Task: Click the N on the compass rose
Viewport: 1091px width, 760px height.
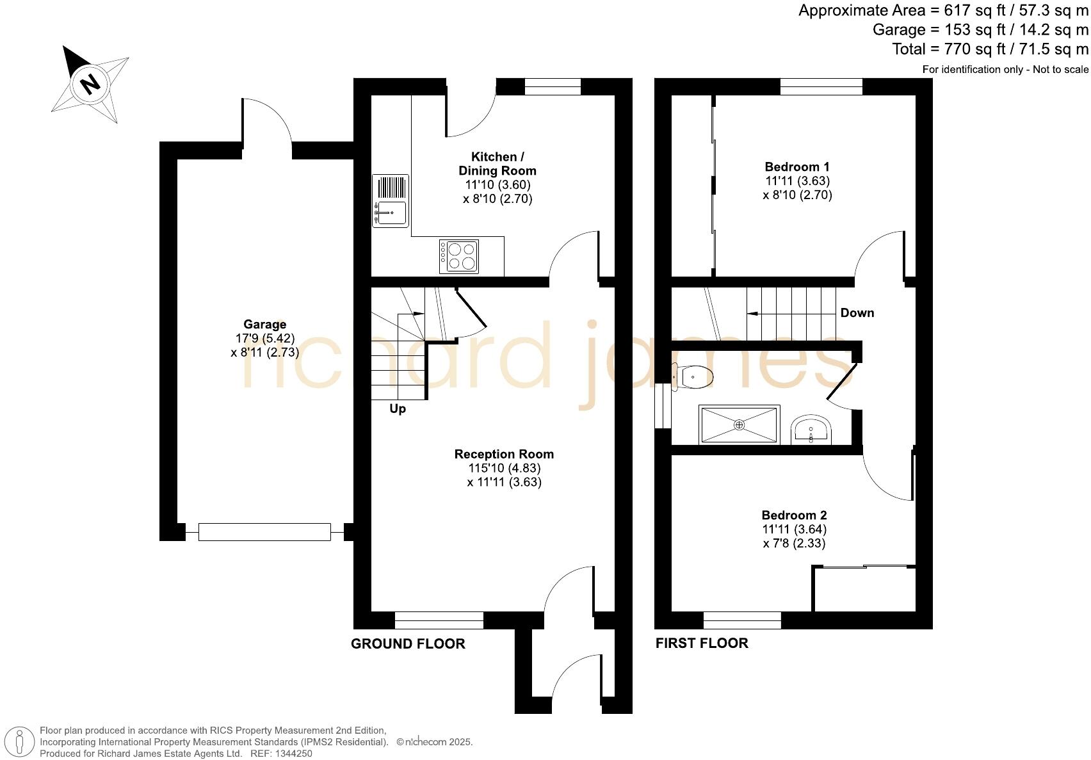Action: click(x=90, y=83)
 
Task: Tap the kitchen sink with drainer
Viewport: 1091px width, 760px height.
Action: click(x=390, y=201)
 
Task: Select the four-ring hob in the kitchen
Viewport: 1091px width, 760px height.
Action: click(x=459, y=255)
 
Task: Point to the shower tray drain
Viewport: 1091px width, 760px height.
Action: click(x=739, y=424)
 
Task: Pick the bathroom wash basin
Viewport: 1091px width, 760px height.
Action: click(x=811, y=429)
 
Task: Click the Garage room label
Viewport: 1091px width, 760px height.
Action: click(x=264, y=325)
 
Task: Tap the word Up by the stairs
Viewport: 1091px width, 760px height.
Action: click(x=398, y=409)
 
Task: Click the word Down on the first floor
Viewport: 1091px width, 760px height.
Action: click(x=857, y=313)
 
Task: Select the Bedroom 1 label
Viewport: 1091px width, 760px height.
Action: click(x=797, y=167)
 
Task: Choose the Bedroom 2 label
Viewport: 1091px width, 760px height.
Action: click(x=794, y=515)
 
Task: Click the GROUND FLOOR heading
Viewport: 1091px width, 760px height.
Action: click(x=408, y=644)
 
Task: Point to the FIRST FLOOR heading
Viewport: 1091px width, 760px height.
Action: click(x=702, y=643)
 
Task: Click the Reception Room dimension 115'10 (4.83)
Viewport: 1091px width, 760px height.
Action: click(x=504, y=468)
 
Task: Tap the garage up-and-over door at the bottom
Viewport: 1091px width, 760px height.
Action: click(x=264, y=532)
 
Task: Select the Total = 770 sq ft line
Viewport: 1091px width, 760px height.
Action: click(x=990, y=49)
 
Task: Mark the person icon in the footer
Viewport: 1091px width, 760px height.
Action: click(x=20, y=743)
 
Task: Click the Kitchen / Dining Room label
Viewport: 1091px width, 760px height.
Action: click(x=497, y=164)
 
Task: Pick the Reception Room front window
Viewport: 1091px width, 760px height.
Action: click(x=439, y=620)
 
